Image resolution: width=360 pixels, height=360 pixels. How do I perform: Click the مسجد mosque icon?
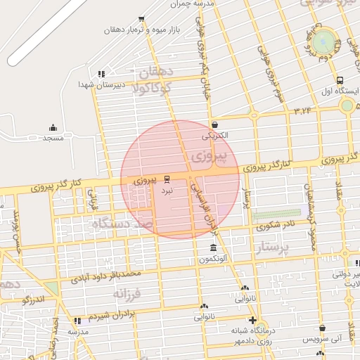click(x=53, y=127)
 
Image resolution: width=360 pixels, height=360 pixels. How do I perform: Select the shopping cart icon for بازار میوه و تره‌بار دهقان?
click(x=141, y=20)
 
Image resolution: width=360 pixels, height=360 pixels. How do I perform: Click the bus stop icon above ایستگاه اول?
click(x=340, y=80)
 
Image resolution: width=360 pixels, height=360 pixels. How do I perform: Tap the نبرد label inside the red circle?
click(x=166, y=190)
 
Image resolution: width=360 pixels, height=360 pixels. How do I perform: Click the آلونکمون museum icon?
click(x=213, y=249)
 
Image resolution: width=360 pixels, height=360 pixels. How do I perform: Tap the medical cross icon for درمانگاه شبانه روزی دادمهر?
click(x=252, y=321)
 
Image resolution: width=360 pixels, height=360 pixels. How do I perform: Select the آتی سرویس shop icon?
click(x=322, y=328)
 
